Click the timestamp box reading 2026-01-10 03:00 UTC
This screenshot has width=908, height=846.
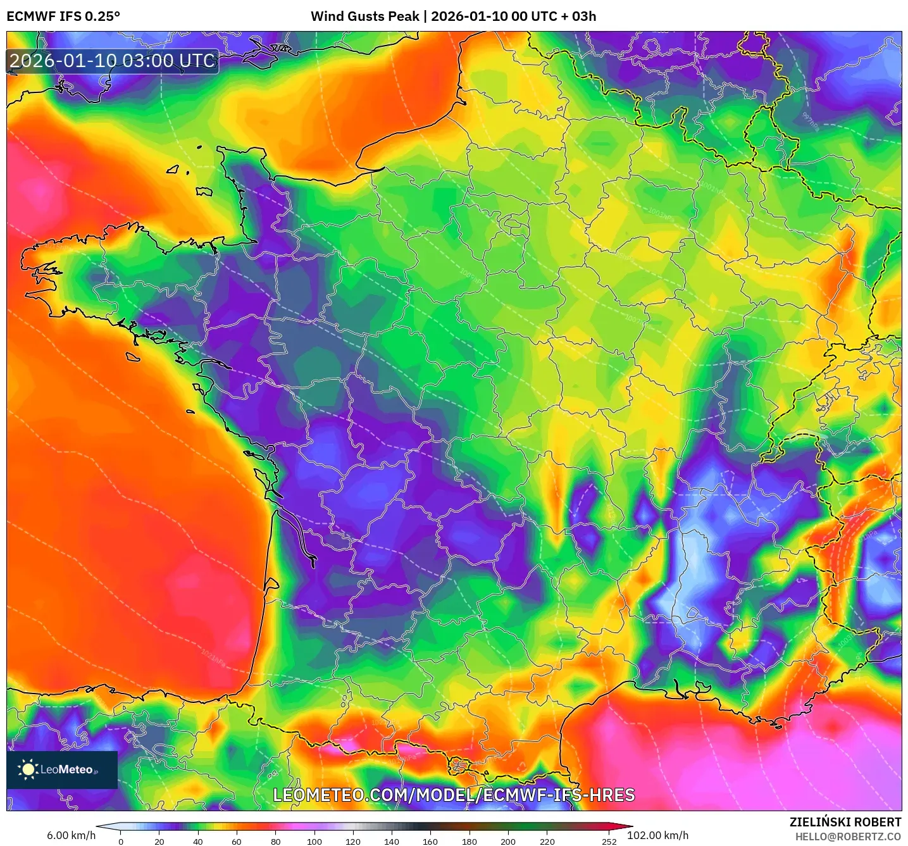point(113,61)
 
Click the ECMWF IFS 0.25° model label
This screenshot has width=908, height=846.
point(63,16)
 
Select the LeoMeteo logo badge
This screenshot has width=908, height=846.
point(62,769)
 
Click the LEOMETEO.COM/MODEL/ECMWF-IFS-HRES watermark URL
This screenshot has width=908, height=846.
point(454,795)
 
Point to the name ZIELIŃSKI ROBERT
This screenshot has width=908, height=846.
point(845,822)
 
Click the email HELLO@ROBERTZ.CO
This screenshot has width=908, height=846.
point(848,837)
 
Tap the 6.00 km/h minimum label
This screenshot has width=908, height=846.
point(71,835)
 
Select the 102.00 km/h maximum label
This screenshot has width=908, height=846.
point(657,835)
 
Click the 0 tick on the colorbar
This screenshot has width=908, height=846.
point(121,842)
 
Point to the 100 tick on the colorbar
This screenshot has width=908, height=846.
point(314,842)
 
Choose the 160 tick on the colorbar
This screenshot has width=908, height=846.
point(430,842)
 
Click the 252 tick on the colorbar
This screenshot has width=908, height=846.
point(609,842)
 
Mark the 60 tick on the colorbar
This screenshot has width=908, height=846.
point(237,842)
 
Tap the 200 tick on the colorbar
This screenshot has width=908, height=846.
point(508,842)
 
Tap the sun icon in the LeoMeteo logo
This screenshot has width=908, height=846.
point(28,769)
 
